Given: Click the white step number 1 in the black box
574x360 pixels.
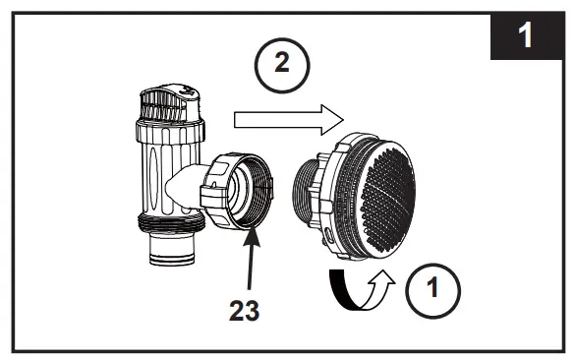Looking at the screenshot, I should (x=526, y=36).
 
